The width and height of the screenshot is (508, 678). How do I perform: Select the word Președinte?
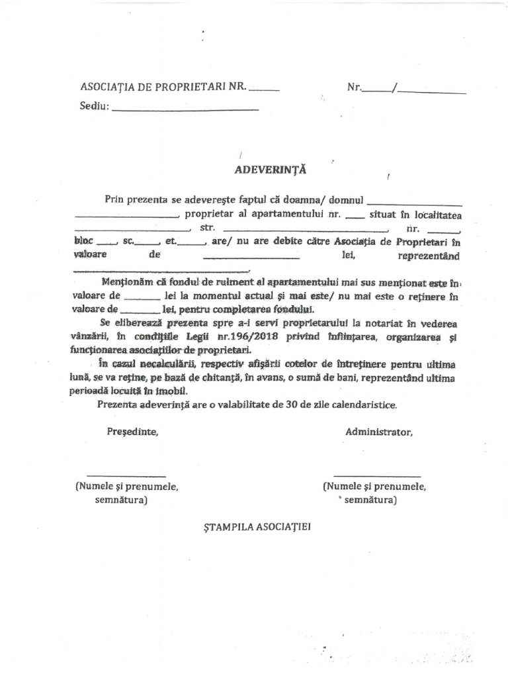[132, 432]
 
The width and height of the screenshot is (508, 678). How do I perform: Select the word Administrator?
[378, 432]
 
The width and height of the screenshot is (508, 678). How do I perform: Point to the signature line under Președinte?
[126, 475]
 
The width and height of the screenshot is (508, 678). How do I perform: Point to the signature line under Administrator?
[376, 475]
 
